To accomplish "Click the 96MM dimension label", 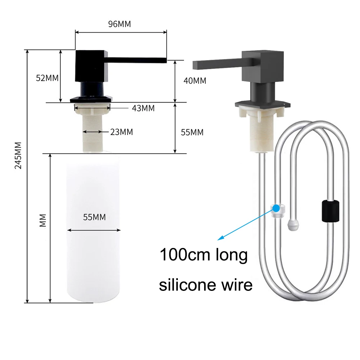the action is (x=120, y=24).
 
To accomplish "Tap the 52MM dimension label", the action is (x=47, y=78).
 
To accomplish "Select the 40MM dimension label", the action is (x=195, y=81).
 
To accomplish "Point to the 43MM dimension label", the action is (x=143, y=108).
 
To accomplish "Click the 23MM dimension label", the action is (x=121, y=132).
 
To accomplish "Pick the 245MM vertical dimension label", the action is (x=18, y=156).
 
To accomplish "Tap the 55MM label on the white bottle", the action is (x=94, y=217).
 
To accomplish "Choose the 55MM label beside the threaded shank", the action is (x=192, y=132).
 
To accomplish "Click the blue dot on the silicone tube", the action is (x=276, y=208).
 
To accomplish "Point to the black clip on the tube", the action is (x=330, y=211).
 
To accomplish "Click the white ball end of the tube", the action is (x=293, y=225).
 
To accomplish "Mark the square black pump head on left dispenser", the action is (x=92, y=66).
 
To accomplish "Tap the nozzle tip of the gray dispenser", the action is (x=194, y=65).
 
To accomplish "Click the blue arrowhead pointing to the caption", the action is (x=220, y=238).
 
